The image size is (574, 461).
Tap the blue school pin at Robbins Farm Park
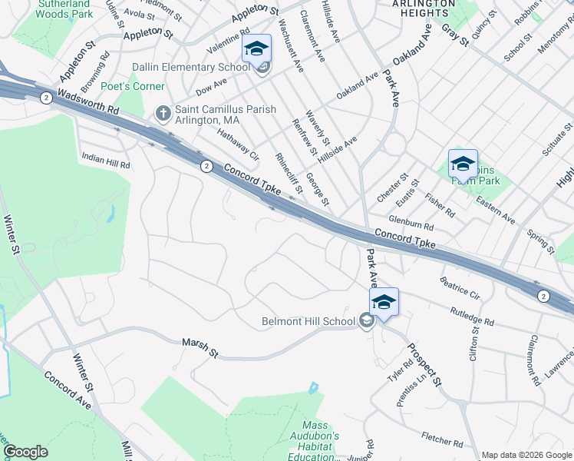click(463, 164)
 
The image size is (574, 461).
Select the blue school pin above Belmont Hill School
click(384, 301)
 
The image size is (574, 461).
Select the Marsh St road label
click(200, 348)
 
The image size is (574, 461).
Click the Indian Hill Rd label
click(106, 160)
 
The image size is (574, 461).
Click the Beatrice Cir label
click(460, 288)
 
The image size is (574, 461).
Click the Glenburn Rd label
click(411, 223)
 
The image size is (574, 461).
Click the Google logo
click(25, 452)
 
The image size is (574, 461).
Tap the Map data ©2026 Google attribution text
click(526, 455)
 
